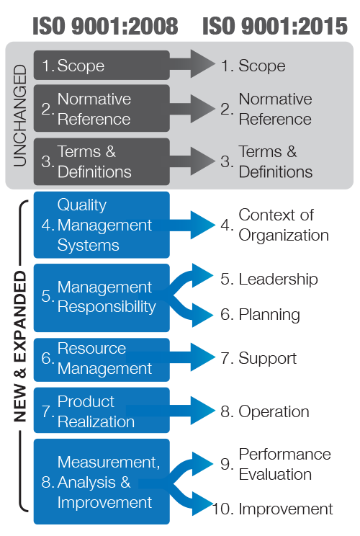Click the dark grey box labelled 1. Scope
click(x=101, y=66)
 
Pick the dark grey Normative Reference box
click(x=101, y=109)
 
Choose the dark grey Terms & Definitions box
click(x=101, y=162)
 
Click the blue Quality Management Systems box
click(x=101, y=225)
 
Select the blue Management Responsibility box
click(x=101, y=297)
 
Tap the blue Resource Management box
click(x=101, y=359)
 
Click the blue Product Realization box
click(x=101, y=411)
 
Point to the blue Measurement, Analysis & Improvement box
click(x=101, y=481)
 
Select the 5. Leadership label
click(x=269, y=280)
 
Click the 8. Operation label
click(x=265, y=412)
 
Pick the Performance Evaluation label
click(x=276, y=465)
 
